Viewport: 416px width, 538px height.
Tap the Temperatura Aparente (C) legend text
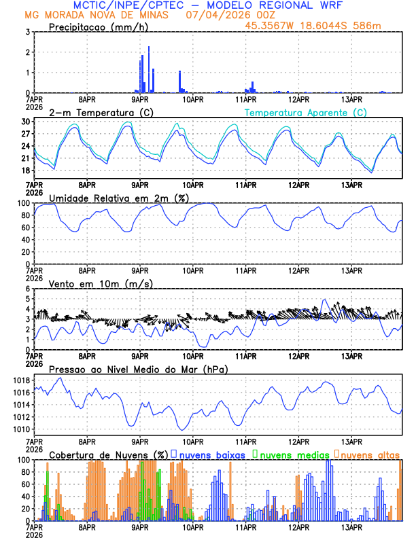click(306, 112)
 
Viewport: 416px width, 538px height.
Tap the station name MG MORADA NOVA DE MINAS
click(91, 14)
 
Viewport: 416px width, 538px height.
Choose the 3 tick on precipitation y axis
click(27, 32)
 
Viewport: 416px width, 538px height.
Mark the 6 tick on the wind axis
click(27, 289)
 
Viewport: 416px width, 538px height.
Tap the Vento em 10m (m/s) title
click(101, 283)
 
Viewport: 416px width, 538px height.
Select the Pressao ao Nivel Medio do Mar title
click(138, 369)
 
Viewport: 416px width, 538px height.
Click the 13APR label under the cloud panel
click(351, 527)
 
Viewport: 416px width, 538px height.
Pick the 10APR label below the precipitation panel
click(193, 99)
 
